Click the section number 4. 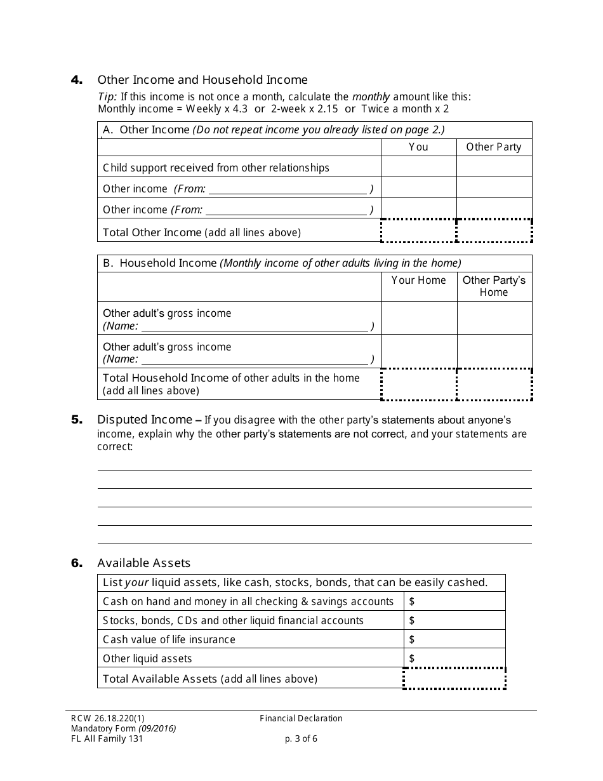point(76,80)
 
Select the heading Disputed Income point(144,420)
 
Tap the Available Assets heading point(143,563)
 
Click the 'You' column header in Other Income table point(418,147)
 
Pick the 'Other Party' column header point(493,147)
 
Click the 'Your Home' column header point(418,280)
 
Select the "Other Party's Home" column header point(494,286)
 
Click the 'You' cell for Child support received point(418,168)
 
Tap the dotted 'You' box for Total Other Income point(418,231)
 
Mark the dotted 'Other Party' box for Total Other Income point(494,231)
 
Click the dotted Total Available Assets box point(454,679)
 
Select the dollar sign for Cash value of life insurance point(412,639)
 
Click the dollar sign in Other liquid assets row point(412,658)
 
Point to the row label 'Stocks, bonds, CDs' point(233,620)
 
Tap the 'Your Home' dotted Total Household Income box point(419,384)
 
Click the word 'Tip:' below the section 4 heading point(107,97)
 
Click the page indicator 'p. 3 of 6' point(301,738)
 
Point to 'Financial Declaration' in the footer point(301,719)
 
